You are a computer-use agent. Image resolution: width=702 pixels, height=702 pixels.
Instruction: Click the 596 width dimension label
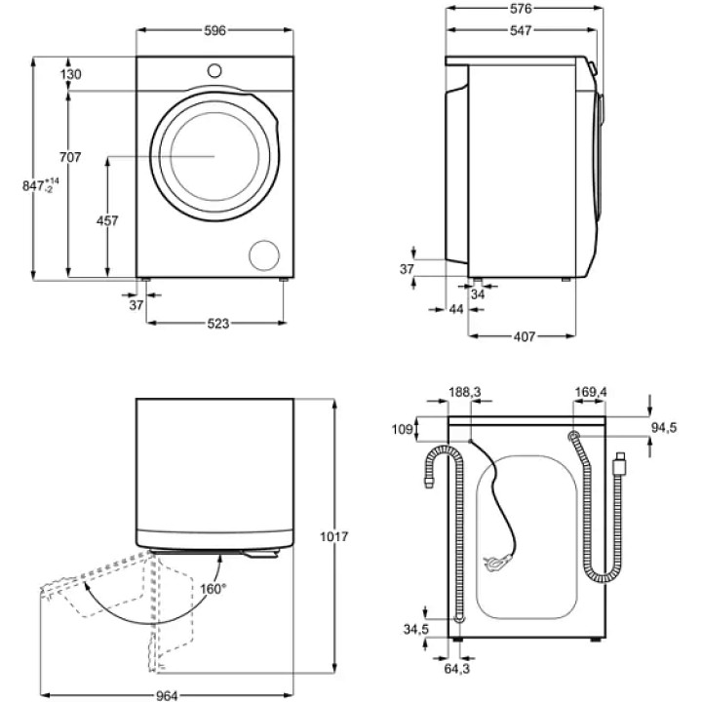(214, 30)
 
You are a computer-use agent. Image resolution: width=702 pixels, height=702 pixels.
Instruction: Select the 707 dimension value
(69, 157)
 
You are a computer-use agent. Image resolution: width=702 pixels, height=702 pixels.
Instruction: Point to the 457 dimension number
(107, 221)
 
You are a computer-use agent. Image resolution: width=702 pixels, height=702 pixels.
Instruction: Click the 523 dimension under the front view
(216, 324)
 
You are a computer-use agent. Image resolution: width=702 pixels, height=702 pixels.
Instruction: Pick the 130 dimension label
(69, 75)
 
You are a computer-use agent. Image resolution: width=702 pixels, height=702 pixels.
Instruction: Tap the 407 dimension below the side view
(524, 337)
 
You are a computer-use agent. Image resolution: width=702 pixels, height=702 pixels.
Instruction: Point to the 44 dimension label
(455, 309)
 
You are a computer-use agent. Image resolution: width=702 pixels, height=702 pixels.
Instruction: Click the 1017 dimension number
(333, 537)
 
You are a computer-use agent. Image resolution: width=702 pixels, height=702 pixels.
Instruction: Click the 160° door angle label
(214, 588)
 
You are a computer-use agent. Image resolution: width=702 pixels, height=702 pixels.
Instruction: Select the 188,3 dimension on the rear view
(465, 392)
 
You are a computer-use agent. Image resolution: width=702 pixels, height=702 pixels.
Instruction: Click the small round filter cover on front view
(263, 254)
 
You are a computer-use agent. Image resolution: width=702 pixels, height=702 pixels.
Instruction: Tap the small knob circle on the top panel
(214, 69)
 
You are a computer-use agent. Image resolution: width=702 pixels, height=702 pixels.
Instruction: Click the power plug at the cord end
(495, 562)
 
